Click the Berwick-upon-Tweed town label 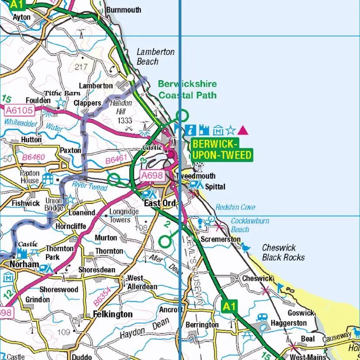pyautogui.click(x=221, y=150)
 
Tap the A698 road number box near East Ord pyautogui.click(x=152, y=176)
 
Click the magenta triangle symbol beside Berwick pyautogui.click(x=243, y=130)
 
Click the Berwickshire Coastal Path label pyautogui.click(x=187, y=89)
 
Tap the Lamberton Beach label pyautogui.click(x=155, y=57)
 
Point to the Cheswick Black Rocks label pyautogui.click(x=283, y=253)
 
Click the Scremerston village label pyautogui.click(x=220, y=239)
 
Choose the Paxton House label pyautogui.click(x=30, y=177)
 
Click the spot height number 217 pyautogui.click(x=81, y=67)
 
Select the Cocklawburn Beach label pyautogui.click(x=250, y=225)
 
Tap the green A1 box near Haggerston pyautogui.click(x=229, y=307)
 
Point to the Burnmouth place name pyautogui.click(x=123, y=10)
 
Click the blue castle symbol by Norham pyautogui.click(x=22, y=253)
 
